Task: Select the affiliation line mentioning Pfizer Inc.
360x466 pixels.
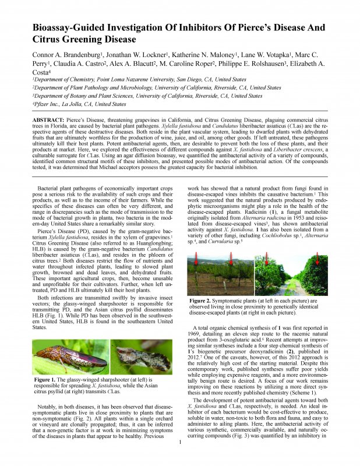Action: point(79,104)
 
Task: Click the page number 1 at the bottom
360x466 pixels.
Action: point(181,458)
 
